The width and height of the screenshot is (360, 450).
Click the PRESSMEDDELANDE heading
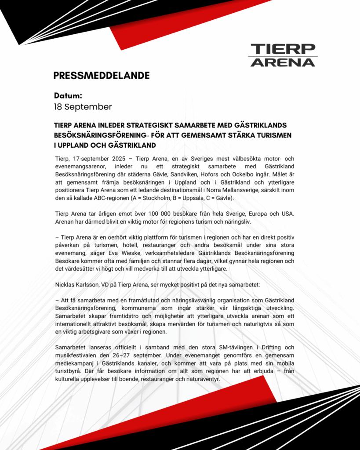tap(102, 76)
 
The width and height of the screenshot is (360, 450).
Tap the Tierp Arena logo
tap(282, 55)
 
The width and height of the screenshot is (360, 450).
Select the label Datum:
tap(68, 95)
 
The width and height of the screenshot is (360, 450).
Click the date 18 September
tap(83, 107)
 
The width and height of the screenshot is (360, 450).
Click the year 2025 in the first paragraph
tap(116, 159)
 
